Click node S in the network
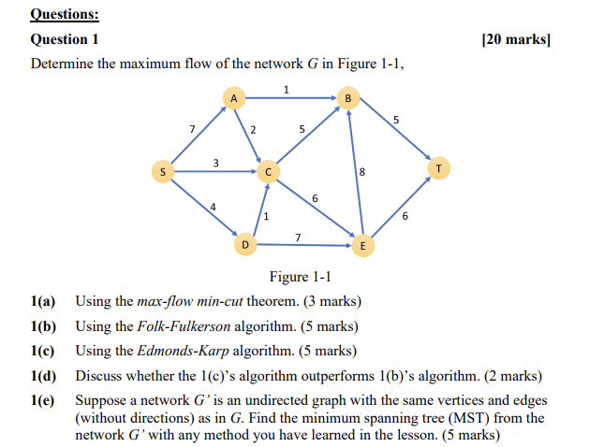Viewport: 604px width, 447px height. tap(163, 171)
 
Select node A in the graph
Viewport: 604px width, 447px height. tap(234, 97)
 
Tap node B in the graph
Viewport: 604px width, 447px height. tap(348, 97)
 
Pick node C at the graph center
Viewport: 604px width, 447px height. tap(268, 171)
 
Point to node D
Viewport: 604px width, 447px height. tap(245, 245)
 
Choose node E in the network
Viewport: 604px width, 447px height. tap(362, 246)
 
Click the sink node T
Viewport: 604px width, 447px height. tap(438, 168)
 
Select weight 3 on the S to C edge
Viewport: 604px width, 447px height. tap(215, 163)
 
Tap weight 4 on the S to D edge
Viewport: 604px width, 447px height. tap(214, 206)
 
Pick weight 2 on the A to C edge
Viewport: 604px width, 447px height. tap(254, 129)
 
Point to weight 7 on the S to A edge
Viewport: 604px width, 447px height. tap(191, 128)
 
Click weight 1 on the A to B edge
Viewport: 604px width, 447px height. tap(286, 89)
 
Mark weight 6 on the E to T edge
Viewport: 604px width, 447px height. tap(405, 216)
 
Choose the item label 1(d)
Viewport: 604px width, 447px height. tap(44, 376)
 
